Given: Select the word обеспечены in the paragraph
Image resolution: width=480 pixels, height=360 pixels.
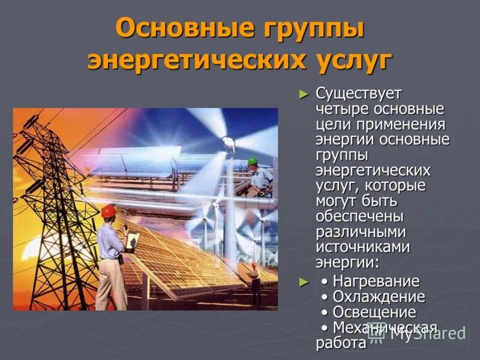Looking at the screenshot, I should coord(359,215).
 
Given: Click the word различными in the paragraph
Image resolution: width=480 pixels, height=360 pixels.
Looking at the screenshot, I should coord(361,230).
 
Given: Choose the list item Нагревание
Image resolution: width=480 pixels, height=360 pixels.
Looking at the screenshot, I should coord(376,281).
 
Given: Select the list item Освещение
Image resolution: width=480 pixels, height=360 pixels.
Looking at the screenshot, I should coord(374,313).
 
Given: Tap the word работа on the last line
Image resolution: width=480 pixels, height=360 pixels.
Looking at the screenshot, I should coord(341,343).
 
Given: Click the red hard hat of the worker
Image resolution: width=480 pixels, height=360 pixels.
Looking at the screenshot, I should coord(108,211).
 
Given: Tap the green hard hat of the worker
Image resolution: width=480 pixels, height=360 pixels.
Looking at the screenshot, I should coord(252,161).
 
